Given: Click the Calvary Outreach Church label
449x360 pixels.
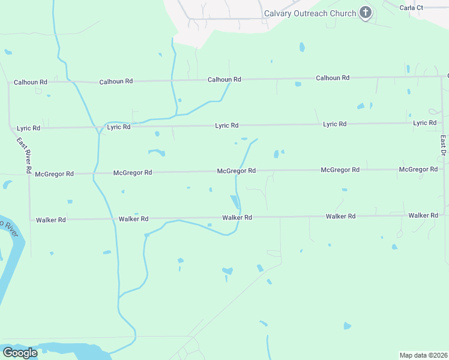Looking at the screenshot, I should [310, 13].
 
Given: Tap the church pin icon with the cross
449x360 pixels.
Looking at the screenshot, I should [365, 13].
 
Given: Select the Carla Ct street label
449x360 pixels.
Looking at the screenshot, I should [411, 7].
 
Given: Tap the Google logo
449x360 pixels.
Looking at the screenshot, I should [20, 353].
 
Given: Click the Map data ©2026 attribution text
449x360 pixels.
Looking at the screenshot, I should [423, 355].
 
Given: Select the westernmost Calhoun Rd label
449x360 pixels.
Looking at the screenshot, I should [31, 82].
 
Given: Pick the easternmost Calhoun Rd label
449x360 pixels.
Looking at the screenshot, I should [333, 78].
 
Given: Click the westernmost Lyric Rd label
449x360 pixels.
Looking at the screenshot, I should [28, 128].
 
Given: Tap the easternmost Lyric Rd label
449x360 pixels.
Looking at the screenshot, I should [424, 123].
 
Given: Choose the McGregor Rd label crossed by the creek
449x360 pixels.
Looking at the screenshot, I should [237, 171].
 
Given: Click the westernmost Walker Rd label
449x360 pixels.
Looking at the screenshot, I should [50, 220].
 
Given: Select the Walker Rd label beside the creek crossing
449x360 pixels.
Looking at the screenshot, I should [237, 217].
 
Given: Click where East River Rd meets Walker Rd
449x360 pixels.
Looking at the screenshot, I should [30, 220].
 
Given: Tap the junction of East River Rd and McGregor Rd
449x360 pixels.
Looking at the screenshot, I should [29, 174].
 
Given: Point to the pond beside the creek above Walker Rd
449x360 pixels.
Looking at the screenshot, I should [234, 201].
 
